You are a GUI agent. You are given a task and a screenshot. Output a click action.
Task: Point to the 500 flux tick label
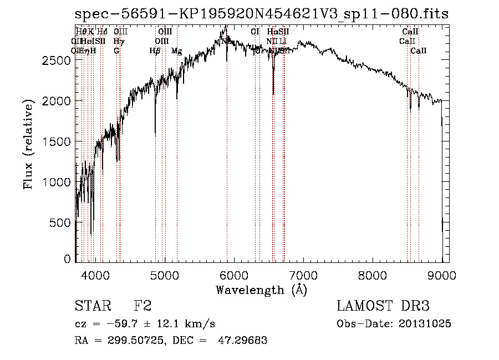(x=59, y=222)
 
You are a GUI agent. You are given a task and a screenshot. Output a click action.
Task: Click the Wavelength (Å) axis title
(x=261, y=290)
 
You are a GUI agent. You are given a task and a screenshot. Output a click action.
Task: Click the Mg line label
(x=176, y=51)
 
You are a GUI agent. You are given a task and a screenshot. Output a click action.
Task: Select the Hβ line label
(x=155, y=51)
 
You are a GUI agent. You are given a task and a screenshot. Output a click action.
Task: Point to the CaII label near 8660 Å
(x=419, y=51)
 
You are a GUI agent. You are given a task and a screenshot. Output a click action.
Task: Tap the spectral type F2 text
(x=142, y=307)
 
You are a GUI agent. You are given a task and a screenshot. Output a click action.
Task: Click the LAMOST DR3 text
(x=383, y=307)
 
